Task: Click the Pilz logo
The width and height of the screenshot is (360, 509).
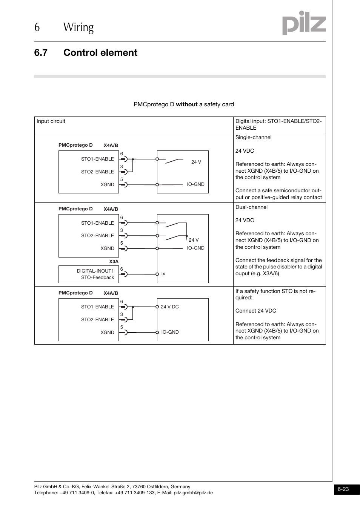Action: (304, 23)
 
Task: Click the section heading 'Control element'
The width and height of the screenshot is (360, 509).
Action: (100, 52)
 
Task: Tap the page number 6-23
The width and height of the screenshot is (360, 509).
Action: (343, 489)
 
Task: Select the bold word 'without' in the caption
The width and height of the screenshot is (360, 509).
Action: (186, 104)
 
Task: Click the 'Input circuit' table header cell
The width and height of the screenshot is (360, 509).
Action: (51, 121)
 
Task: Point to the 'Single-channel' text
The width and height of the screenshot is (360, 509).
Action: (253, 137)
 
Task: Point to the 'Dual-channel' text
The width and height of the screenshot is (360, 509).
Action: (251, 207)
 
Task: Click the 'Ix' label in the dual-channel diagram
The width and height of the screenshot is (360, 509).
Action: (163, 274)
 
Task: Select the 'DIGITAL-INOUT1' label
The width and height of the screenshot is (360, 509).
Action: (95, 271)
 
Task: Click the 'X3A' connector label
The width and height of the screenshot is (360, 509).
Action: (114, 262)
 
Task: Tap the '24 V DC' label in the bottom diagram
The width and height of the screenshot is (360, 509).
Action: (170, 307)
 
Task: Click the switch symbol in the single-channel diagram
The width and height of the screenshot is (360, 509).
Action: (174, 161)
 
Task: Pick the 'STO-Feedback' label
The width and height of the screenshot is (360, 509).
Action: (97, 277)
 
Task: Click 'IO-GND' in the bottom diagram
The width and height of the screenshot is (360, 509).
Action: (170, 332)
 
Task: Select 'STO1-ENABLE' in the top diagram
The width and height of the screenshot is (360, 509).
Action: (97, 159)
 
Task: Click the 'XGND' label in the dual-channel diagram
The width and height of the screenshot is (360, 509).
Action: (107, 248)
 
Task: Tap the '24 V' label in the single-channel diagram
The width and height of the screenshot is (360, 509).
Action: (196, 162)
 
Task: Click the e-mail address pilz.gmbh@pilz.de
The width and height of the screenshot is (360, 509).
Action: (193, 493)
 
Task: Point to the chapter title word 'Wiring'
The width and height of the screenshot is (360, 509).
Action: (78, 27)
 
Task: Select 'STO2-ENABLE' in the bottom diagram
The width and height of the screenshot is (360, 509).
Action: (97, 320)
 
